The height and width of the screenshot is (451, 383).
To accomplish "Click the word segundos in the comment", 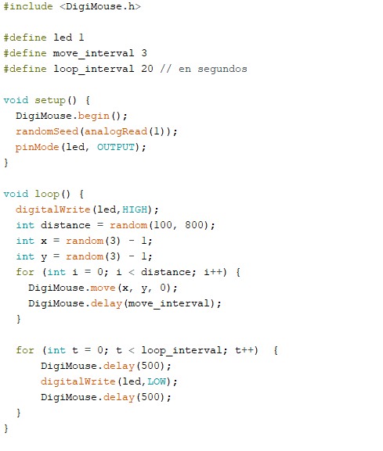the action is click(222, 70).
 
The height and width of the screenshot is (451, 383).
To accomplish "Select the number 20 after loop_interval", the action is click(147, 69).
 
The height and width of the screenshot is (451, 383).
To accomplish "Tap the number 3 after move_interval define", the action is click(144, 53).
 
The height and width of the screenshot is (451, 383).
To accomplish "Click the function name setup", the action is click(50, 101).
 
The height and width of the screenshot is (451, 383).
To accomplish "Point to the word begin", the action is click(94, 116).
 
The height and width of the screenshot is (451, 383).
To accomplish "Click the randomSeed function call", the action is click(47, 131).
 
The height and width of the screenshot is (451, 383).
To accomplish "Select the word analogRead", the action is click(116, 132).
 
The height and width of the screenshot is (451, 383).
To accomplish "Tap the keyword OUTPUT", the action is click(116, 147).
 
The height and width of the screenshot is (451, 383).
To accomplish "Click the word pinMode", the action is click(37, 147).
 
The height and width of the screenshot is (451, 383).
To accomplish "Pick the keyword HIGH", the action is click(135, 209).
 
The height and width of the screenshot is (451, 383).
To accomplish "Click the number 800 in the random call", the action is click(194, 225).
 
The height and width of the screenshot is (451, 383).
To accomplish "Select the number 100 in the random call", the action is click(163, 225).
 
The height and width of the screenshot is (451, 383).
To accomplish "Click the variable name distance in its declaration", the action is click(66, 225).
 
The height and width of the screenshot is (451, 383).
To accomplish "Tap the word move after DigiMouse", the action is click(103, 288).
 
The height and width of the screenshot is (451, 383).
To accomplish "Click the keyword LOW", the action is click(157, 381).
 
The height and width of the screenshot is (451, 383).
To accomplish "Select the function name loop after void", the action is click(47, 195).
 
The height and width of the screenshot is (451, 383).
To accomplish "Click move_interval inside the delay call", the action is click(169, 304).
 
